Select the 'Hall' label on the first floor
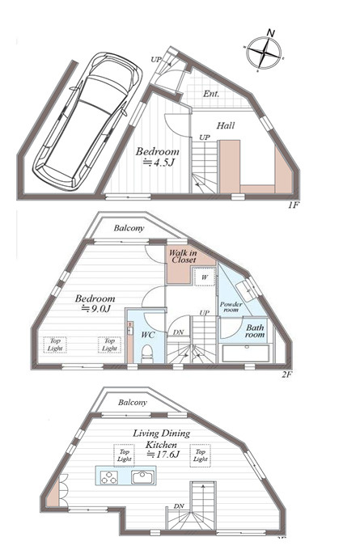pos(227,125)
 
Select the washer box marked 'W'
pos(204,277)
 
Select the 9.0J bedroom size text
pos(95,308)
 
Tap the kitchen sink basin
pos(143,477)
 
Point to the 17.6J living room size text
pos(161,445)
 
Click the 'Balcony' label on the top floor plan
pos(132,402)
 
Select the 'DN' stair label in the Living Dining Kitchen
pos(178,507)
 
